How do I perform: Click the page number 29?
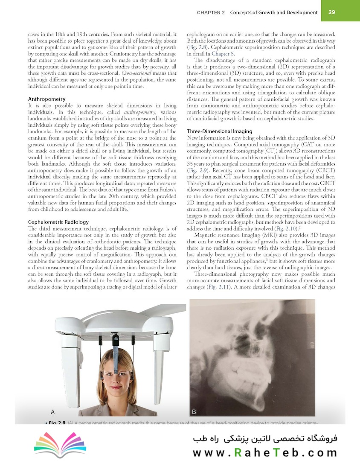(331, 12)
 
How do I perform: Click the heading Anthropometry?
(46, 99)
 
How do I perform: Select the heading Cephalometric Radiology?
(58, 222)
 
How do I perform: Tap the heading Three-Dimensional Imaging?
(220, 131)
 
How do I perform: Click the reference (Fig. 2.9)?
(197, 170)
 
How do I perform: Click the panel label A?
(52, 411)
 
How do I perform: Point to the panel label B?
(194, 411)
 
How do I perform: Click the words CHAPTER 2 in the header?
(211, 12)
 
